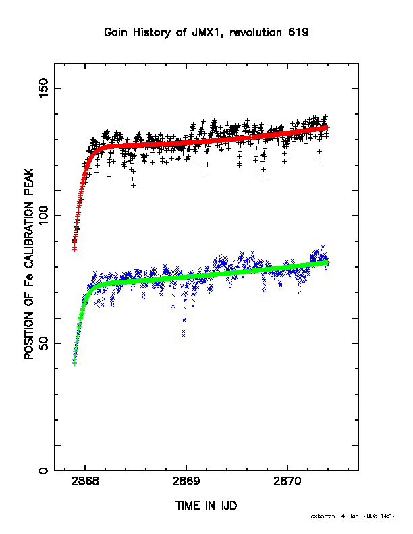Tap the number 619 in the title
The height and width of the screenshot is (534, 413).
[298, 32]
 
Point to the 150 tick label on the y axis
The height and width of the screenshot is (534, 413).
[44, 88]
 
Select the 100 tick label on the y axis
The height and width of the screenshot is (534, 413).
[44, 216]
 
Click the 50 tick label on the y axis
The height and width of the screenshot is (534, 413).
[44, 343]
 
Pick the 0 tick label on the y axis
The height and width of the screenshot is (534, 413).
[44, 471]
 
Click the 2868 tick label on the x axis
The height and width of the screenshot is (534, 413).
[85, 482]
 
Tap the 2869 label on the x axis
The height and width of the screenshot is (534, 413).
[186, 482]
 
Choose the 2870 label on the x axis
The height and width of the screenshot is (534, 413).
[287, 482]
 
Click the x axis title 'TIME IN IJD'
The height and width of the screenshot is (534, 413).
[206, 506]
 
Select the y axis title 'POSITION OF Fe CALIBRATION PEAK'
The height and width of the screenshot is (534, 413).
[29, 264]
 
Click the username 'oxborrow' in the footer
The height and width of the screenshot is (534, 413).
[323, 516]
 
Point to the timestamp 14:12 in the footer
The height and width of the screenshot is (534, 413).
[388, 516]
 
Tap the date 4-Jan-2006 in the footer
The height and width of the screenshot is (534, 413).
[359, 516]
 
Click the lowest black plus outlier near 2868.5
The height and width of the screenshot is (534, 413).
[133, 185]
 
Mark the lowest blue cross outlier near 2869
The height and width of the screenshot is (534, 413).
[184, 336]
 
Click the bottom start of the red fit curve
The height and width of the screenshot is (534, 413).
[74, 249]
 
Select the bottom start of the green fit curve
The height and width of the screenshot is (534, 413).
[74, 363]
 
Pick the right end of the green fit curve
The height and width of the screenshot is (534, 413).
[327, 262]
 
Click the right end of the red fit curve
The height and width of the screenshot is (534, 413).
[327, 127]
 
